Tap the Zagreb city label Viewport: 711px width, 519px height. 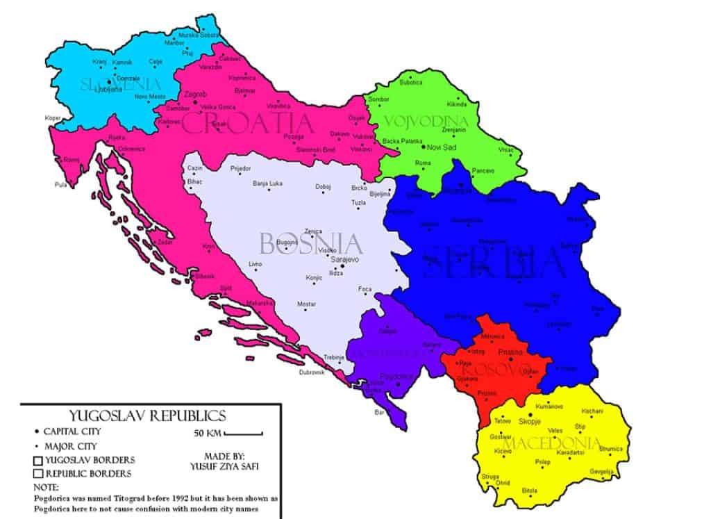[x=195, y=94]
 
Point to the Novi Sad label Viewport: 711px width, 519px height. [x=442, y=148]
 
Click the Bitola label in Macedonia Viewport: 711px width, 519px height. [x=530, y=490]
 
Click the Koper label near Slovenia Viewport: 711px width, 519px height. [x=52, y=117]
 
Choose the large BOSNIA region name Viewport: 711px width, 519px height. [x=310, y=244]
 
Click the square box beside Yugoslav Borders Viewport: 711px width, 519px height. [x=37, y=460]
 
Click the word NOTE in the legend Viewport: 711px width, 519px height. [x=46, y=487]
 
